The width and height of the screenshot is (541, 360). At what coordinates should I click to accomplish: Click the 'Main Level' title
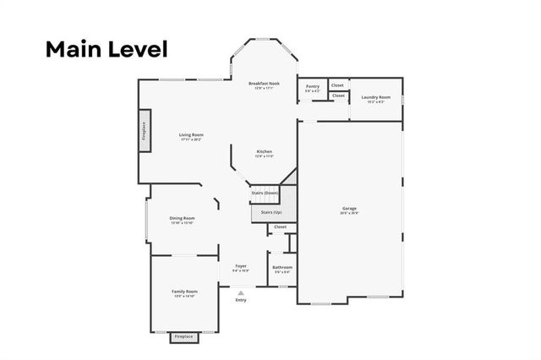107,48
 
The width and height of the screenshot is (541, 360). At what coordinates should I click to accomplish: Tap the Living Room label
191,135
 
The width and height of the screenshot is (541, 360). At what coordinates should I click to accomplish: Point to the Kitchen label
265,152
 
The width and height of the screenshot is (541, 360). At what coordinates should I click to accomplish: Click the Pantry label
313,86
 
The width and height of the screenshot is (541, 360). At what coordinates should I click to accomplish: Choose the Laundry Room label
375,98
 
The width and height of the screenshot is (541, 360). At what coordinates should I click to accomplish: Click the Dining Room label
183,218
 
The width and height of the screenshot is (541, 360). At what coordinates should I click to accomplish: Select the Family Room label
184,292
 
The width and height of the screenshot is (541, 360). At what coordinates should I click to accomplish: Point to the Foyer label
241,266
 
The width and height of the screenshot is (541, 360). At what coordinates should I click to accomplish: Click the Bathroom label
281,268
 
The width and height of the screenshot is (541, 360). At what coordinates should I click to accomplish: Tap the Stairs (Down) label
265,193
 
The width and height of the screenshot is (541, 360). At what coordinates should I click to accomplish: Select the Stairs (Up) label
270,212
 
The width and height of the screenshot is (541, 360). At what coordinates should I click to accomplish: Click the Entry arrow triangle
241,293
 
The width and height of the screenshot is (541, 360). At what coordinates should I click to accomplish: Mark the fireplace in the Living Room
145,131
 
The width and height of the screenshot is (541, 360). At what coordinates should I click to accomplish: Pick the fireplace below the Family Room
183,336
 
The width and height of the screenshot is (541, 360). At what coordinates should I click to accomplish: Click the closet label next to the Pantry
337,85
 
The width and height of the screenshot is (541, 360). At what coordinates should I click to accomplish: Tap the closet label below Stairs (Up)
280,226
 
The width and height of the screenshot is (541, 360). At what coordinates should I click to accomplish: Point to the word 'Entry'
241,300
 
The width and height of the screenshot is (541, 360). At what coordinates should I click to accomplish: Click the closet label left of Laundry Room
338,95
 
